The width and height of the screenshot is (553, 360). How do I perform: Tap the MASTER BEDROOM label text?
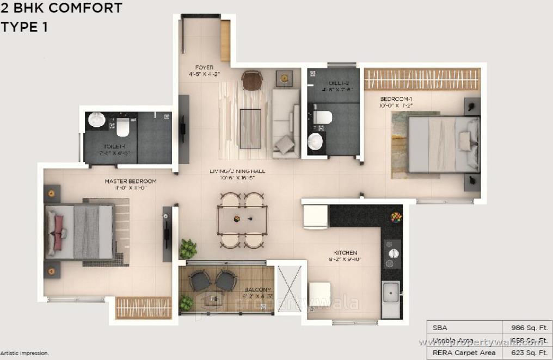coord(131,181)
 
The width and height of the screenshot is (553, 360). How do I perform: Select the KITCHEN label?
coord(346,253)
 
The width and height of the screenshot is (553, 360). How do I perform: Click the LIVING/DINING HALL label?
coord(237,171)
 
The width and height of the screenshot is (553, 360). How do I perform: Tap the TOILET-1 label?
coord(115,147)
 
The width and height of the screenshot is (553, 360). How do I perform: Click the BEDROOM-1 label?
coord(396,98)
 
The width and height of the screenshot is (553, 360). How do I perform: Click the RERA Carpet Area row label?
coord(464,352)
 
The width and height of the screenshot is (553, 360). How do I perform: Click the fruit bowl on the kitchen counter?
coord(396,217)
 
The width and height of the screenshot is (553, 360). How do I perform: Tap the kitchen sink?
coord(390,294)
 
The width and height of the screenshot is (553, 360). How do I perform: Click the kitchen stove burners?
coord(392,253)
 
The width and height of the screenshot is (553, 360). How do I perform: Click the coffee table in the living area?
coord(250,128)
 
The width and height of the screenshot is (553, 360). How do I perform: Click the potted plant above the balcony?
coord(188,249)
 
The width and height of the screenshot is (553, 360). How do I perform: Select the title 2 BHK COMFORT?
coord(61,8)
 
